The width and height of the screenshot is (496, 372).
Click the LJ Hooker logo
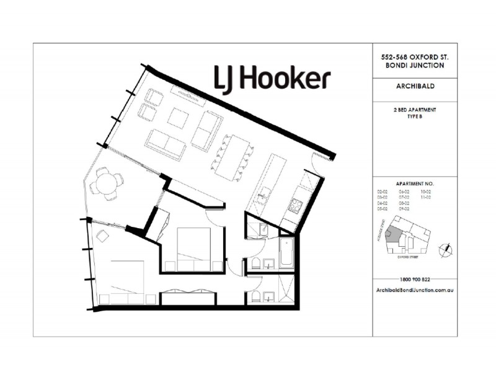click(272, 79)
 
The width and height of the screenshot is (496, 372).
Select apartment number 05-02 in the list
click(382, 209)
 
